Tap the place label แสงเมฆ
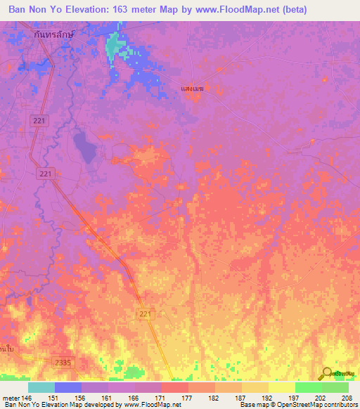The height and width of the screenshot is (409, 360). (x=192, y=89)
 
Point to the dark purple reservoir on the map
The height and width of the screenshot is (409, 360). (x=84, y=147)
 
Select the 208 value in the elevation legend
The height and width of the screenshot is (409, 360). (x=345, y=398)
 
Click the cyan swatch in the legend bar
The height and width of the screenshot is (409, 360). (x=41, y=387)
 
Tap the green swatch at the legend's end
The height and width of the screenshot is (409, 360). (x=335, y=387)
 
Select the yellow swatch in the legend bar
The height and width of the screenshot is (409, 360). (x=282, y=387)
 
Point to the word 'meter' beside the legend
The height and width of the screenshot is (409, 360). (x=11, y=398)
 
